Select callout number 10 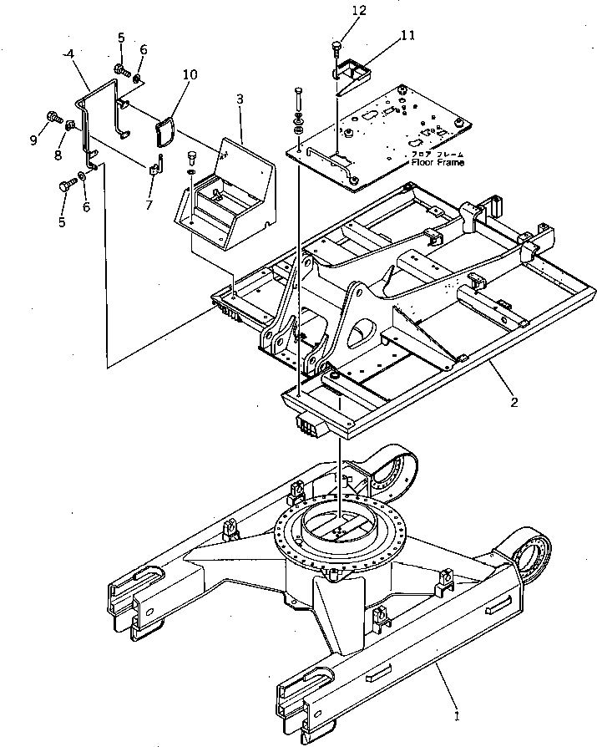(190, 75)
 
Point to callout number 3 (240, 99)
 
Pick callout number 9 (34, 140)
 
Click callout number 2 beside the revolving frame (514, 403)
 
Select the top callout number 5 (120, 38)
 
